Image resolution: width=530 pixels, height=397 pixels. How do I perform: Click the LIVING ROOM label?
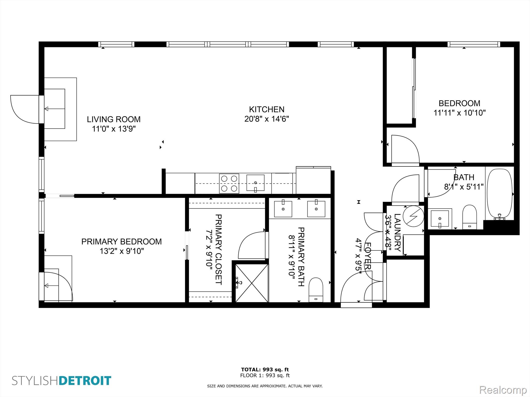pyautogui.click(x=114, y=119)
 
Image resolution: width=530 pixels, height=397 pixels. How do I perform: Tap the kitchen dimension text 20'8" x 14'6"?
pyautogui.click(x=267, y=119)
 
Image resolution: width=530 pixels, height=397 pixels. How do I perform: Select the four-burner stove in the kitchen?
pyautogui.click(x=229, y=184)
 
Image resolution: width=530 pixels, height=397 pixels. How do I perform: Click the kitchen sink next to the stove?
pyautogui.click(x=255, y=183)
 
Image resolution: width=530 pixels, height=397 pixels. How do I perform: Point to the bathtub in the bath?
pyautogui.click(x=499, y=194)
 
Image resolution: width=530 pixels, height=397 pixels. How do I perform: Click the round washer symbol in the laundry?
pyautogui.click(x=413, y=216)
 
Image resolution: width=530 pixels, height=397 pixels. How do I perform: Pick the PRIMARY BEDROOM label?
pyautogui.click(x=121, y=241)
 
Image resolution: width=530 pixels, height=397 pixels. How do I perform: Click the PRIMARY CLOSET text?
pyautogui.click(x=218, y=249)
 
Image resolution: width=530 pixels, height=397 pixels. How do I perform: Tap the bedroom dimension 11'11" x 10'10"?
pyautogui.click(x=460, y=113)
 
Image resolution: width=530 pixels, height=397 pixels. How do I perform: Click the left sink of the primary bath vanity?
pyautogui.click(x=283, y=209)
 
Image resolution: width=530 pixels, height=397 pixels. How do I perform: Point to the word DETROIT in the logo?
pyautogui.click(x=85, y=381)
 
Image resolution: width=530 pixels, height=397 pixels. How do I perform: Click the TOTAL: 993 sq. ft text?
pyautogui.click(x=265, y=370)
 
